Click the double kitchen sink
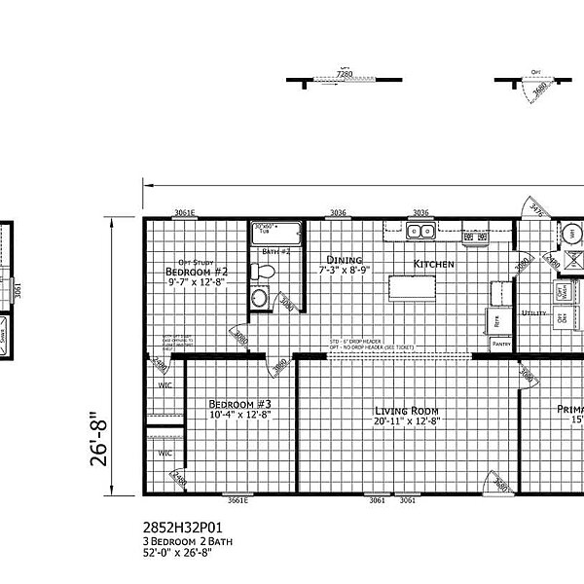pyautogui.click(x=420, y=233)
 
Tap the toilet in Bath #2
pyautogui.click(x=258, y=298)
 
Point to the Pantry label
pyautogui.click(x=501, y=345)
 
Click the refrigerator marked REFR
pyautogui.click(x=496, y=319)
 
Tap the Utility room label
pyautogui.click(x=533, y=313)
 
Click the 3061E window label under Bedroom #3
pyautogui.click(x=237, y=502)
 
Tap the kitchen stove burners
pyautogui.click(x=476, y=236)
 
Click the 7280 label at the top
pyautogui.click(x=344, y=73)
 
